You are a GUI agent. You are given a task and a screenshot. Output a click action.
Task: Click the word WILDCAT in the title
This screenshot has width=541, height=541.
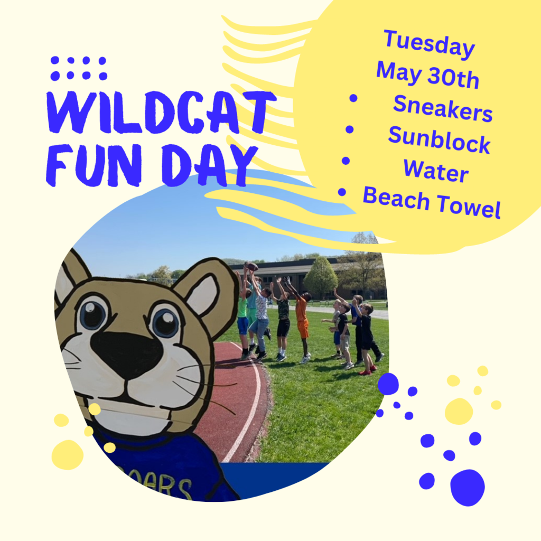pyautogui.click(x=161, y=112)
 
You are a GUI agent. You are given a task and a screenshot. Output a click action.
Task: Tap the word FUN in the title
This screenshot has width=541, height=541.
pyautogui.click(x=94, y=165)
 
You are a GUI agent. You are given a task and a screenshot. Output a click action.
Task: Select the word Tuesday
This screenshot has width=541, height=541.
pyautogui.click(x=429, y=44)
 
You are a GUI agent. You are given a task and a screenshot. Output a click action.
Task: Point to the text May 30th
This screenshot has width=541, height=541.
pyautogui.click(x=427, y=74)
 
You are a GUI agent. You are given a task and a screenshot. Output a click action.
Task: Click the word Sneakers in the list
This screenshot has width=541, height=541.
pyautogui.click(x=443, y=108)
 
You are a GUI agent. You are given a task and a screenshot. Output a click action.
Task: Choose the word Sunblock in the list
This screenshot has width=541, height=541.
pyautogui.click(x=439, y=139)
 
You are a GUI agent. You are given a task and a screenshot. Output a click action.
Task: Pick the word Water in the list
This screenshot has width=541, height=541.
pyautogui.click(x=436, y=171)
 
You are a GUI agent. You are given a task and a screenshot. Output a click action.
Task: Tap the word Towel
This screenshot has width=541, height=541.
pyautogui.click(x=469, y=206)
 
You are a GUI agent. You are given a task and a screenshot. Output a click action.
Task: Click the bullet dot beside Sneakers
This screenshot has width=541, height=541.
pyautogui.click(x=353, y=98)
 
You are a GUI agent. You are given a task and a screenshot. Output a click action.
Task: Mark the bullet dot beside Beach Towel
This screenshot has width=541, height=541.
pyautogui.click(x=342, y=192)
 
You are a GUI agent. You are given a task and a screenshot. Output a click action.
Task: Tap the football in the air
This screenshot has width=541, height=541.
pyautogui.click(x=253, y=266)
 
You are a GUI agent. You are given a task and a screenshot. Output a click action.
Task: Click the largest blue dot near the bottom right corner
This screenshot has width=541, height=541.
pyautogui.click(x=468, y=488)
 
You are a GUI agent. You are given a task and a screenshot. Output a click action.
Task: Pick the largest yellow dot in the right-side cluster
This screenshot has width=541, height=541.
pyautogui.click(x=459, y=411)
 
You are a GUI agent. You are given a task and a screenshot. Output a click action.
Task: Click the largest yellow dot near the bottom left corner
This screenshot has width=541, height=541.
pyautogui.click(x=67, y=455)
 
